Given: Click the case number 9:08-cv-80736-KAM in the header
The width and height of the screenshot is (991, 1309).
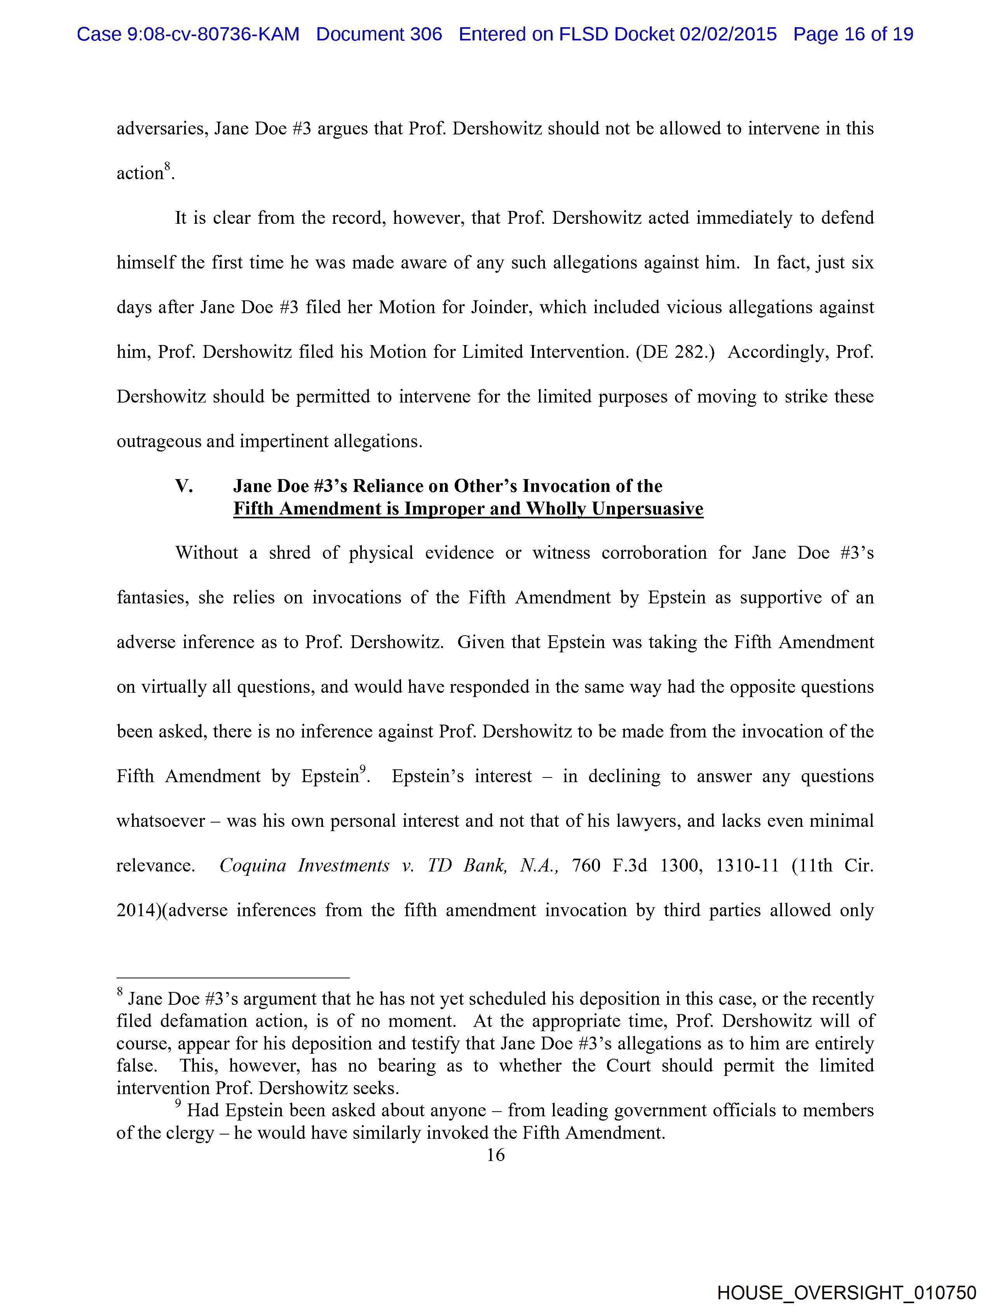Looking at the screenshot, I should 188,34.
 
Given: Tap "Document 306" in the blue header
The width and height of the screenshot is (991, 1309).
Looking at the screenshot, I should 379,34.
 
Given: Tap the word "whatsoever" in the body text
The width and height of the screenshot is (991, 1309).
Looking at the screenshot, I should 161,821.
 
